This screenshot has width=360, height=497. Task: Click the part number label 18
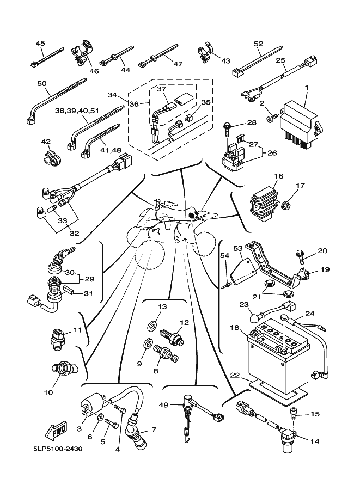pyautogui.click(x=234, y=328)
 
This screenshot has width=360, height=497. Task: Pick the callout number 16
pyautogui.click(x=279, y=176)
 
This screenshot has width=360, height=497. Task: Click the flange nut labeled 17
pyautogui.click(x=286, y=205)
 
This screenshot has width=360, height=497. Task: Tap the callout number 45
pyautogui.click(x=40, y=43)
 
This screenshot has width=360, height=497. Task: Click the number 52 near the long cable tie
pyautogui.click(x=259, y=44)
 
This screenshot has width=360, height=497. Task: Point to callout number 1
pyautogui.click(x=306, y=87)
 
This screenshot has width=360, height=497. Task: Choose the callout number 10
pyautogui.click(x=48, y=392)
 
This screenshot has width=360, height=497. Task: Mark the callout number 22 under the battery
pyautogui.click(x=234, y=375)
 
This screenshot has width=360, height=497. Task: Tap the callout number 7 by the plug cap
pyautogui.click(x=154, y=430)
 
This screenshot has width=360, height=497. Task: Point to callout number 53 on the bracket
pyautogui.click(x=237, y=248)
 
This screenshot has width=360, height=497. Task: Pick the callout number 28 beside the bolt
pyautogui.click(x=251, y=122)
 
